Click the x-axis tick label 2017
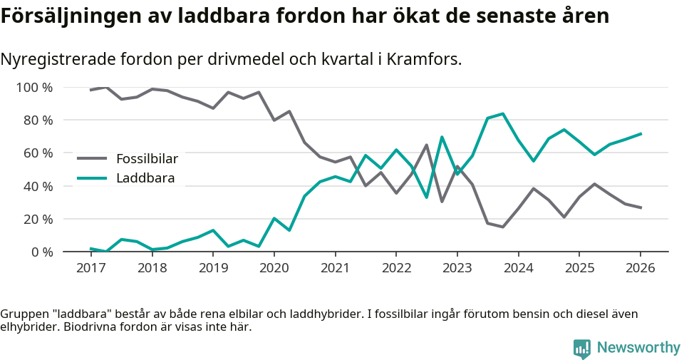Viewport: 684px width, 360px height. coord(90,268)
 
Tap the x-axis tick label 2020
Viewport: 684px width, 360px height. coord(274,268)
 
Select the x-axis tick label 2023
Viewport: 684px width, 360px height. coord(457,268)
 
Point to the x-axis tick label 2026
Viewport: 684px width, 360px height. coord(640,268)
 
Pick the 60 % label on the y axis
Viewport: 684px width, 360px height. coord(38,153)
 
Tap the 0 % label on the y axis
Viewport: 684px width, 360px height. coord(41,252)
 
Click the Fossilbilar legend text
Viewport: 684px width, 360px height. coord(147,158)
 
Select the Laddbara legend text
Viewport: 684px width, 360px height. coord(145,178)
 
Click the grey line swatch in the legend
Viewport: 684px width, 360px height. coord(92,158)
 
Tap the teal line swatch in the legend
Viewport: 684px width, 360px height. coord(92,178)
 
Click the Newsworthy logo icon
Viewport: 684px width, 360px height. coord(582,348)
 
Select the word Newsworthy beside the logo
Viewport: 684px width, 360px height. coord(638,348)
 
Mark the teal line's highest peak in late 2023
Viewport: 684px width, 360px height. coord(503,113)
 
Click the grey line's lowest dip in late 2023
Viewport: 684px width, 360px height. coord(502,227)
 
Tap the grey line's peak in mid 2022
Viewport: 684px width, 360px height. coord(426,145)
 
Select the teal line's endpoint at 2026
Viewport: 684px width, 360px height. coord(641,133)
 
